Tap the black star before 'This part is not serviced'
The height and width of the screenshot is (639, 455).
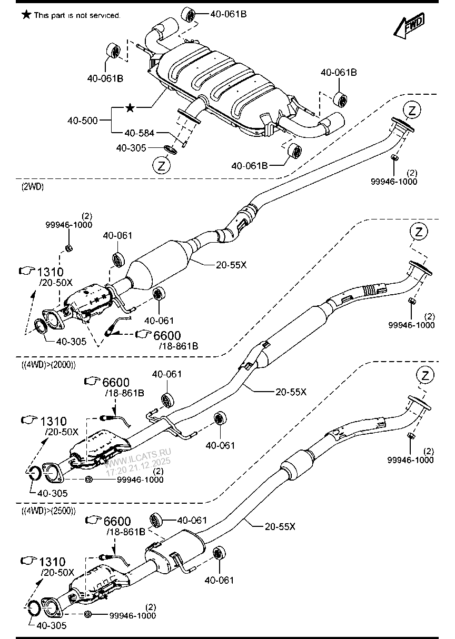point(26,15)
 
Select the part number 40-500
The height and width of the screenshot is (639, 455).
point(82,121)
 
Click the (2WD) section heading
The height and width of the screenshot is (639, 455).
point(33,186)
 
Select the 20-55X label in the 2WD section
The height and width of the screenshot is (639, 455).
point(231,265)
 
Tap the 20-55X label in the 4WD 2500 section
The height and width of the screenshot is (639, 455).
point(280,525)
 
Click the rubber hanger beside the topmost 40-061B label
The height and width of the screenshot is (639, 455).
point(189,15)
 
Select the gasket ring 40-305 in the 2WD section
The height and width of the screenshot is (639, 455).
point(41,326)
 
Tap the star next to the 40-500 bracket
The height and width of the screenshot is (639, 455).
point(130,108)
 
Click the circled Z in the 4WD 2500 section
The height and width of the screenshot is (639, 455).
point(425,375)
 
